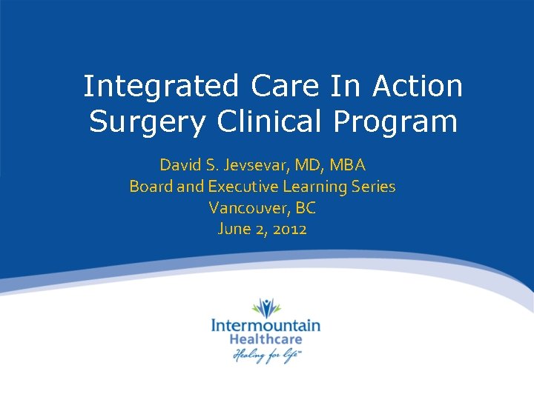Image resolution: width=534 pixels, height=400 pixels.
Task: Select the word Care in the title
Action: [x=286, y=86]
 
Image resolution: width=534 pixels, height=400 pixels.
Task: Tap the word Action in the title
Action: [x=418, y=86]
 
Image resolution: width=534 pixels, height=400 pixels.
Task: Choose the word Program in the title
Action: [x=395, y=122]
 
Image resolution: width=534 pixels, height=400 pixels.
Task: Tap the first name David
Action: [x=179, y=164]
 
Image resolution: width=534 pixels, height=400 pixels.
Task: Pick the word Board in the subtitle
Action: [x=151, y=186]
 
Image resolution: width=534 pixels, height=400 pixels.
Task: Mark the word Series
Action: [x=372, y=186]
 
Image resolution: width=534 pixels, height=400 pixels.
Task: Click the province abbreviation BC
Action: [x=306, y=207]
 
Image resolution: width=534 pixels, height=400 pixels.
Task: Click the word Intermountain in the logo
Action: [x=266, y=325]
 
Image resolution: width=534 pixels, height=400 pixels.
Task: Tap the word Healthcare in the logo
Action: [x=266, y=339]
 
